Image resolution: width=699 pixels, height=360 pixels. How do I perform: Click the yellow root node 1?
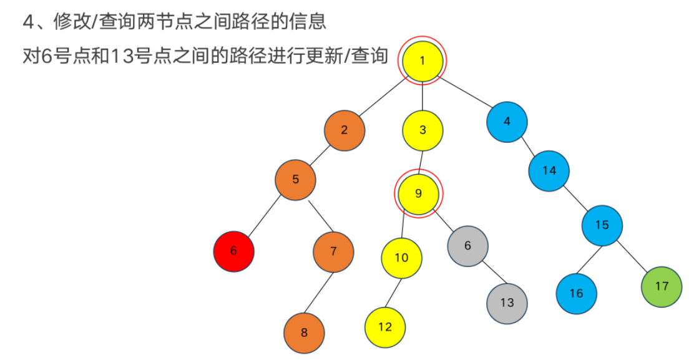pos(423,61)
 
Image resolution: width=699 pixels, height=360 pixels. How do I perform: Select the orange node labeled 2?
pos(344,130)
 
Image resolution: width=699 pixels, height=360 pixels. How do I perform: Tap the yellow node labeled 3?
pos(423,130)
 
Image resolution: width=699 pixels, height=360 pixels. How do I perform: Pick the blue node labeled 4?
pos(507,122)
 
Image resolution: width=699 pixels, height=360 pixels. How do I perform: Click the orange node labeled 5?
pos(295,180)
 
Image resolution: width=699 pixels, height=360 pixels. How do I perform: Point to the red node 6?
pos(233,251)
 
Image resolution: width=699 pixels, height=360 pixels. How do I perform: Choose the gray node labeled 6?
pos(467,246)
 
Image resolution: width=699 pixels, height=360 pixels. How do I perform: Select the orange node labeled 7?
pos(333,251)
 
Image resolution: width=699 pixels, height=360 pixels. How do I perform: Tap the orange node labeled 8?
pos(304,333)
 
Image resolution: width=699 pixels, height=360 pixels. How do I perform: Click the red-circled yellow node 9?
pos(418,193)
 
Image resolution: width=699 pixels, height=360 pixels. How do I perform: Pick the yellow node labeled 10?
pos(401,257)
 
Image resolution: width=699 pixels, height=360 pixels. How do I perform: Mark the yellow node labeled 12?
pos(385,327)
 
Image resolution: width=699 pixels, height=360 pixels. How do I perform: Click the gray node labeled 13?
pos(507,303)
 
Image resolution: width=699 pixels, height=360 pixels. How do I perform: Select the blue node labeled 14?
pos(549,170)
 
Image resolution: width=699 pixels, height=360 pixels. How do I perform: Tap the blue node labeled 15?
pos(602,225)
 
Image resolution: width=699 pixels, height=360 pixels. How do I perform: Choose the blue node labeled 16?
pos(576,293)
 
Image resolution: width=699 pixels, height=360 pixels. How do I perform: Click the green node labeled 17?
pos(662,286)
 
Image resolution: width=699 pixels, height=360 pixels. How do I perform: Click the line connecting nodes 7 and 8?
pos(319,291)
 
